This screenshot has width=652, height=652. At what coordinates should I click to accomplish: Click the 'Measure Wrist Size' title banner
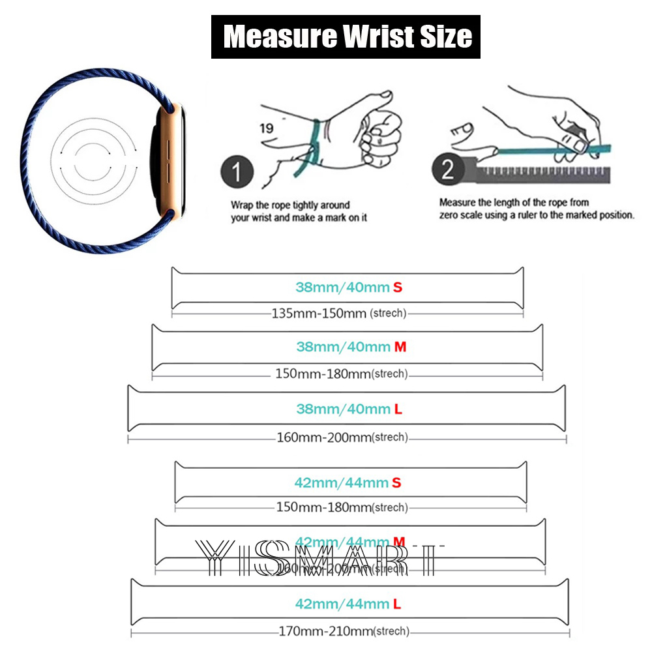[346, 37]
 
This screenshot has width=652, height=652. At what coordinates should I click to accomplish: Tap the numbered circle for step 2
[447, 170]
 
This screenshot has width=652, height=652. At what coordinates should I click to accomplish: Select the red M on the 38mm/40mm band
[400, 347]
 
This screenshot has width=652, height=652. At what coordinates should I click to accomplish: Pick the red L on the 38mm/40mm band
[397, 409]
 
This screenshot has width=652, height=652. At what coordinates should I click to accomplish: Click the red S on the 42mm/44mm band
[396, 483]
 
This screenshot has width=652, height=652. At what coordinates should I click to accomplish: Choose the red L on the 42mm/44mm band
[396, 604]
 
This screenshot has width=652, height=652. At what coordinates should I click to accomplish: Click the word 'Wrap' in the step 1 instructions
[242, 205]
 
